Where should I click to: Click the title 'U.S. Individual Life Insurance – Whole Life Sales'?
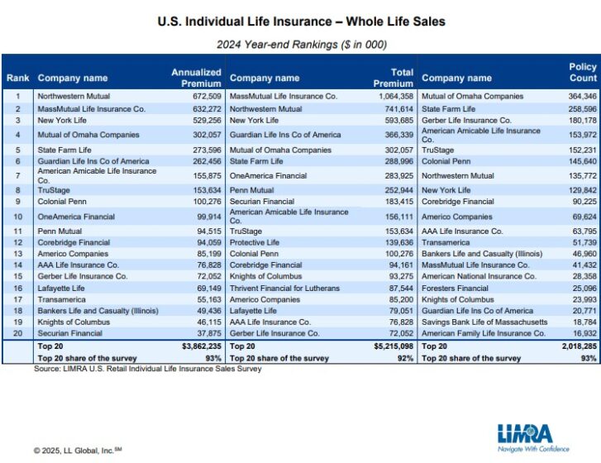(x=301, y=21)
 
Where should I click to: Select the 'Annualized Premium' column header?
(x=196, y=78)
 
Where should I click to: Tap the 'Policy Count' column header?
(x=582, y=73)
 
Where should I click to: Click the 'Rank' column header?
(x=17, y=79)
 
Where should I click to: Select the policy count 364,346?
(x=579, y=96)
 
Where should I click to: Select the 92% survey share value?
(x=405, y=358)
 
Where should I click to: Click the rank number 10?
(x=17, y=216)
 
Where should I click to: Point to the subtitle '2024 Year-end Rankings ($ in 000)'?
(x=301, y=44)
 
